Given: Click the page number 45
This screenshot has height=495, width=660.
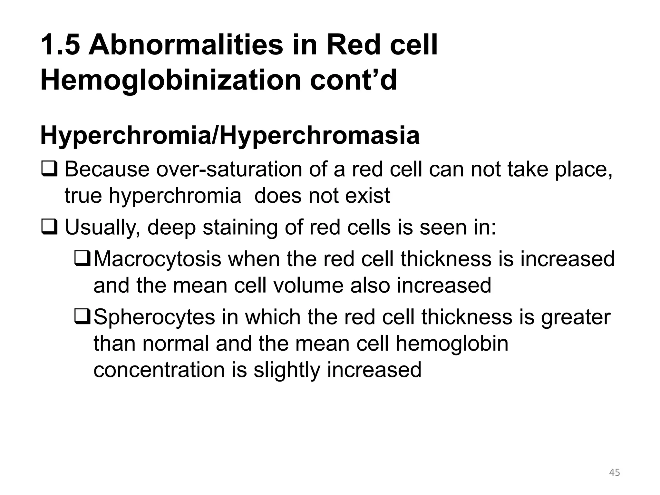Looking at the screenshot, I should (x=614, y=473).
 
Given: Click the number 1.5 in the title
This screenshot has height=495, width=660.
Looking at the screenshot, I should (x=60, y=45).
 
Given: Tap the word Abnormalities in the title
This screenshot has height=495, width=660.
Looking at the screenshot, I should (x=186, y=45).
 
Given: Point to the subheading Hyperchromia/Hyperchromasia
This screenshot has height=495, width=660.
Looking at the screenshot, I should (x=230, y=136).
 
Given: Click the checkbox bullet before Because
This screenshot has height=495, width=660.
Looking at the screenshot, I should (x=49, y=170).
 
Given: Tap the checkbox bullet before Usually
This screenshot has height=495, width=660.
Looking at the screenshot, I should (x=49, y=228).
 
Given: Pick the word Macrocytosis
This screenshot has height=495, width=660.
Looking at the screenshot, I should (x=157, y=259).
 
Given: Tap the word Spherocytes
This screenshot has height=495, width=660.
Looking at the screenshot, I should (x=154, y=317).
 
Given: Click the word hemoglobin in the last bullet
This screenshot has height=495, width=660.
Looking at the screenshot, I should (x=452, y=344).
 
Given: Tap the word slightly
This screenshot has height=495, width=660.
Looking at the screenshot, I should (x=287, y=370).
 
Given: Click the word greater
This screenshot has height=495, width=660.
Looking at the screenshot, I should (x=576, y=317).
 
